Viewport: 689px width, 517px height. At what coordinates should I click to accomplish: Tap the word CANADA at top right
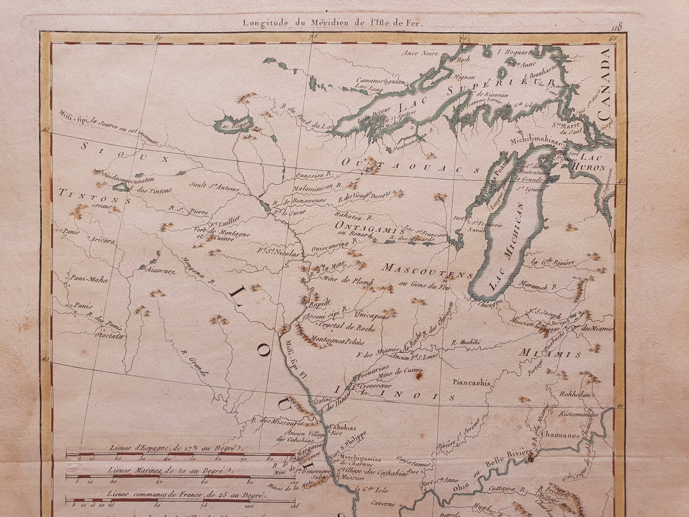click(x=605, y=85)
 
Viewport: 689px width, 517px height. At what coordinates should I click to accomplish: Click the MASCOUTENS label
click(x=427, y=271)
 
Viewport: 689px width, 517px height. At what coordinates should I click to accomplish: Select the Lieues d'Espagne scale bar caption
click(x=175, y=448)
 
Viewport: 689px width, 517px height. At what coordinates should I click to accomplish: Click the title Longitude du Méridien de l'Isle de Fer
click(x=334, y=23)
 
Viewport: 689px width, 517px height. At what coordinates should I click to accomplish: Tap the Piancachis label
click(x=471, y=382)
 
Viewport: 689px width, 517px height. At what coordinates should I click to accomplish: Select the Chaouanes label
click(x=560, y=435)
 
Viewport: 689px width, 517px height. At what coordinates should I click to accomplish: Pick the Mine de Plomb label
click(x=349, y=281)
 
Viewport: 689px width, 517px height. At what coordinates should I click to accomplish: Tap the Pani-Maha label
click(x=89, y=279)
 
